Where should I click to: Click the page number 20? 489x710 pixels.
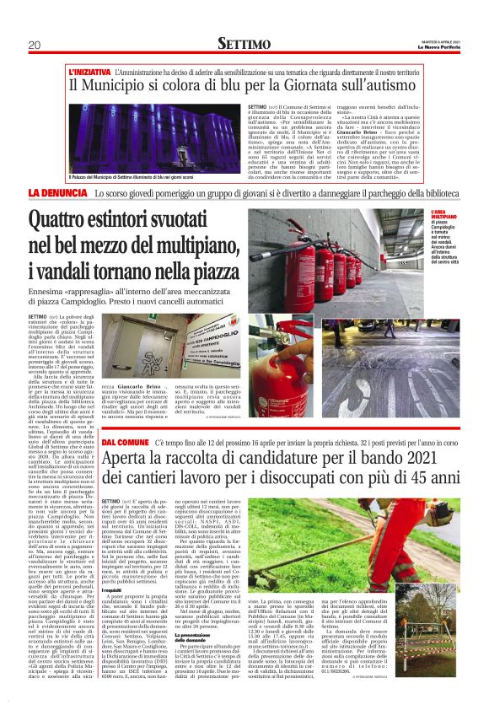coord(34,45)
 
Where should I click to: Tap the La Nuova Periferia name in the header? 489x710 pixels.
coord(438,47)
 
